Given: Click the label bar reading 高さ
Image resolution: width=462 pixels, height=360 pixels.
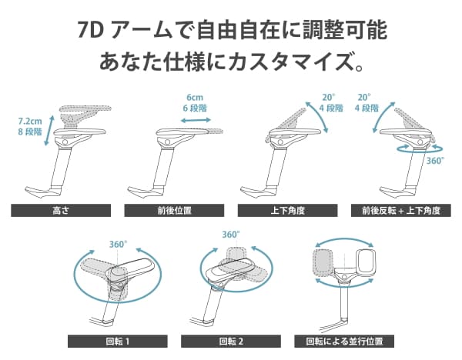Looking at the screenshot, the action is click(x=61, y=211).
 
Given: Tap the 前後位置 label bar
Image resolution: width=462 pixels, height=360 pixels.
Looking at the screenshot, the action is click(x=174, y=211).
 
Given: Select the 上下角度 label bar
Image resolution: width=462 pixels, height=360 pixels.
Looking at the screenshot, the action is click(x=287, y=211).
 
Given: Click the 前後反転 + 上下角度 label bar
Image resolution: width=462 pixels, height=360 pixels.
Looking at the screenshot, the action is click(x=401, y=211).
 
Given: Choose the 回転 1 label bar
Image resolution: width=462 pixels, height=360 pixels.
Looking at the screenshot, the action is click(x=118, y=342).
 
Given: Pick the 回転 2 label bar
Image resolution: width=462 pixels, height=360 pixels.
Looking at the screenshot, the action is click(x=231, y=342).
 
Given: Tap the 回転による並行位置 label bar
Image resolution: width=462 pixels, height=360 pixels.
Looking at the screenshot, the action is click(x=344, y=342).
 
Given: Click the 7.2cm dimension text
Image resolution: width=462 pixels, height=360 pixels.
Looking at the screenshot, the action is click(x=30, y=122).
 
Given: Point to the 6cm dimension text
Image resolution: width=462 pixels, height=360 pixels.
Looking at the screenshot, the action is click(x=195, y=97).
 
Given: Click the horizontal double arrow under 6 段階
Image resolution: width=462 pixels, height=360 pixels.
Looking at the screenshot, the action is click(x=196, y=120).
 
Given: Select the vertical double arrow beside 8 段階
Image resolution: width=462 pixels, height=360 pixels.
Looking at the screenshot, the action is click(x=49, y=131).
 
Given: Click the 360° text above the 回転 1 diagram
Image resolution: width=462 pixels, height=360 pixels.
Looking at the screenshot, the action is click(x=118, y=245).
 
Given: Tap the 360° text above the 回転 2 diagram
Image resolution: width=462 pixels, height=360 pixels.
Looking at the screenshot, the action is click(x=231, y=235).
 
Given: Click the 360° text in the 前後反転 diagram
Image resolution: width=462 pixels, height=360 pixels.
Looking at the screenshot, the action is click(x=435, y=161).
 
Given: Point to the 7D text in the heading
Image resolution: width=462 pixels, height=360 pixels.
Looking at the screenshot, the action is click(x=90, y=30).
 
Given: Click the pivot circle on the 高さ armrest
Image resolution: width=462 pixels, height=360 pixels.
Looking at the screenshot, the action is click(x=65, y=142).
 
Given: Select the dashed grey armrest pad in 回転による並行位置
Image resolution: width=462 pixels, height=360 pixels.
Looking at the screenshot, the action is click(x=323, y=261).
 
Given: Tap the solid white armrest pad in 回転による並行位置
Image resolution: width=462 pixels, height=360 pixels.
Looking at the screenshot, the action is click(x=367, y=261).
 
